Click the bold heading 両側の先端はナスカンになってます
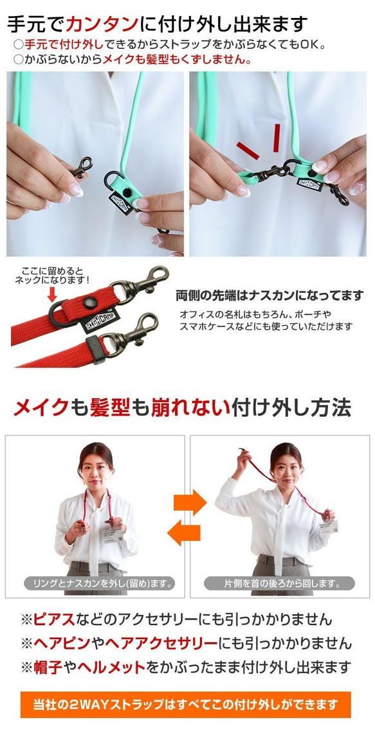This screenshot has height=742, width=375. coord(270,296)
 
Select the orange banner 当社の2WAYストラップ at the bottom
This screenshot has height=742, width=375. coord(186,704)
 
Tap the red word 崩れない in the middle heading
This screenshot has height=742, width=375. coord(190,408)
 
